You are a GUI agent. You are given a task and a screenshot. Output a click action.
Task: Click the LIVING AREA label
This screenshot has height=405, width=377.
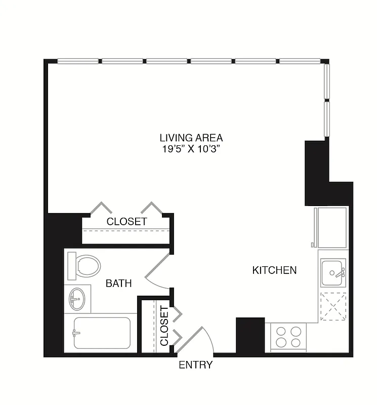pyautogui.click(x=191, y=138)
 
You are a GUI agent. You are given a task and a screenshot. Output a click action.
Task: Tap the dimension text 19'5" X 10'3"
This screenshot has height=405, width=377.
pyautogui.click(x=191, y=149)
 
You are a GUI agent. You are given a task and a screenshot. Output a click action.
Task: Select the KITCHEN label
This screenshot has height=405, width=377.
pyautogui.click(x=274, y=270)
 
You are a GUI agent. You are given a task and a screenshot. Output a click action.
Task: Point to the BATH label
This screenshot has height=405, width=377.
pyautogui.click(x=118, y=283)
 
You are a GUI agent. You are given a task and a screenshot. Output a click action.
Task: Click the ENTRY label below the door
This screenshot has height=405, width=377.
pyautogui.click(x=195, y=365)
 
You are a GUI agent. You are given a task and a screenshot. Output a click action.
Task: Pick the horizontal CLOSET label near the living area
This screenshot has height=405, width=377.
pyautogui.click(x=127, y=222)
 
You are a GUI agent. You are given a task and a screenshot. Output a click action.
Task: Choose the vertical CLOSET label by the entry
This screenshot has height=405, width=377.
pyautogui.click(x=164, y=326)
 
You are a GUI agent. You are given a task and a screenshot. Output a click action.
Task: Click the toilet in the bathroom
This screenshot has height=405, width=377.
pyautogui.click(x=84, y=266)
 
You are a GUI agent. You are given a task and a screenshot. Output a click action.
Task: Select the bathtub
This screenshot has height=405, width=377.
pyautogui.click(x=101, y=333)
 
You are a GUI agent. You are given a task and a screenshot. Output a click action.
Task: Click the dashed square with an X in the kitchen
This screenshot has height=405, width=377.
pyautogui.click(x=332, y=306)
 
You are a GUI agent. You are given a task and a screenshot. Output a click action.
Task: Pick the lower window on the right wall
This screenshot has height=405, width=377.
pyautogui.click(x=327, y=119)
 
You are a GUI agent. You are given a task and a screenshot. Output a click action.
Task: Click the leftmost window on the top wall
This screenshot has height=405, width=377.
pyautogui.click(x=78, y=61)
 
